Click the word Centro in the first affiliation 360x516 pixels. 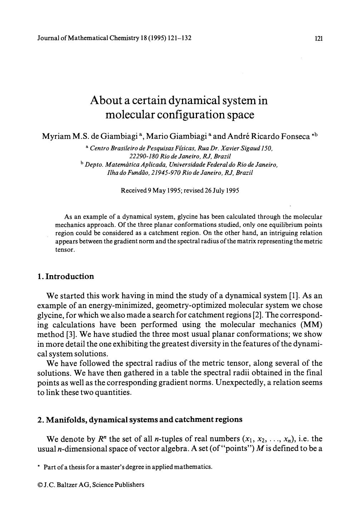coord(98,148)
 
